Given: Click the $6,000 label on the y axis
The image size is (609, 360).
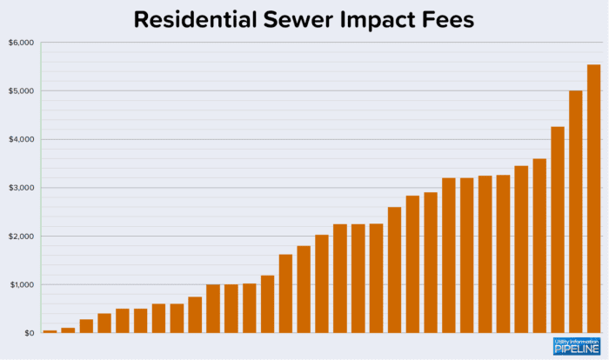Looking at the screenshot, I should click(x=21, y=43).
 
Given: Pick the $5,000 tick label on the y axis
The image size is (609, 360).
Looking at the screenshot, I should click(x=21, y=91).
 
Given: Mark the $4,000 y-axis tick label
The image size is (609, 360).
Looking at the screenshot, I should click(x=21, y=139).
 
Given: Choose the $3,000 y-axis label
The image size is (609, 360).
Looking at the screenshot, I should click(x=21, y=188).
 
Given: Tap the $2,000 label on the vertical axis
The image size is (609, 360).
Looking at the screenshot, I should click(x=21, y=237).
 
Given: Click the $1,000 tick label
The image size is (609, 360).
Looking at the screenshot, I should click(x=21, y=285).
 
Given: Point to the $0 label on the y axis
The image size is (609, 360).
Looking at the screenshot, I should click(x=27, y=333).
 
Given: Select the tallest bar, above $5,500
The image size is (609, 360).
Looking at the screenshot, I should click(x=593, y=200).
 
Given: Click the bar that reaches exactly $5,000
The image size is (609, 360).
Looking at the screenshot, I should click(x=575, y=213).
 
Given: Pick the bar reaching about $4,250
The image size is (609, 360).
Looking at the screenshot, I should click(x=558, y=230).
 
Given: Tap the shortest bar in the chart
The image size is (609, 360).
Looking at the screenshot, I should click(x=50, y=331).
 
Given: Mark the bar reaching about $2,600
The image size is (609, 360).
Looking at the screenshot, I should click(x=394, y=270).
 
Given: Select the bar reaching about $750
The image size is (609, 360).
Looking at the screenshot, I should click(x=195, y=315).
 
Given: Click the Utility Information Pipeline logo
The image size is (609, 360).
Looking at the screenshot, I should click(x=576, y=345).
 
